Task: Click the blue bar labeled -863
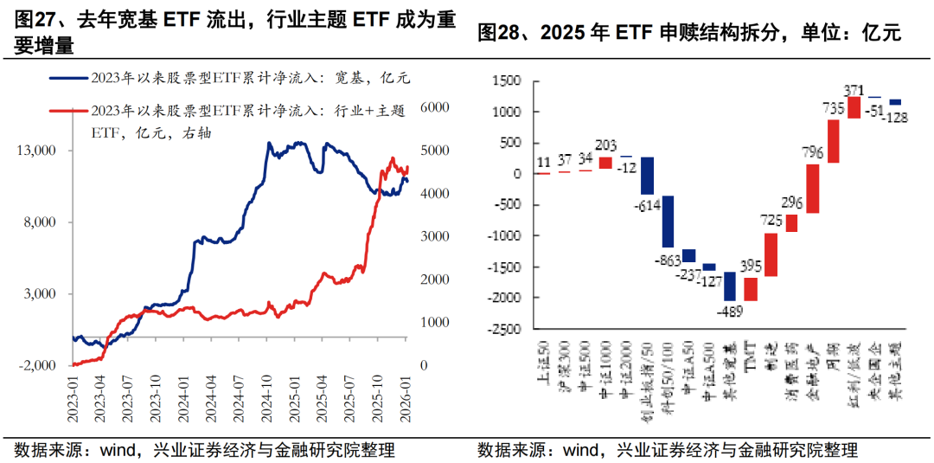669,222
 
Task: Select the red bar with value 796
813,189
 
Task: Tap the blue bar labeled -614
647,176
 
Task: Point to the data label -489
730,309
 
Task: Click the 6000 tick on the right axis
434,106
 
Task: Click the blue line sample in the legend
68,78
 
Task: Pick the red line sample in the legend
68,111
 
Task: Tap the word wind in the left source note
99,450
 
